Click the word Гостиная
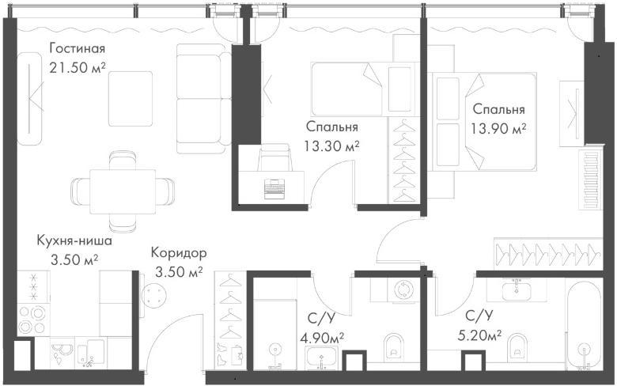(x=78, y=48)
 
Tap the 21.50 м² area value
(x=78, y=68)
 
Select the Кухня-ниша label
(x=74, y=240)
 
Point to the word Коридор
(x=179, y=252)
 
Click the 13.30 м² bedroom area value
(x=331, y=146)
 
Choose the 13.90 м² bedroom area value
(x=498, y=128)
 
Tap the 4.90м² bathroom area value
(x=322, y=338)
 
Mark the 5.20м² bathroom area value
(x=479, y=335)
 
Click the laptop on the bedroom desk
(x=275, y=188)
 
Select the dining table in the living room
(x=123, y=191)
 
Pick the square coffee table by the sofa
(x=131, y=98)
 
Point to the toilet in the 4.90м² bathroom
(x=393, y=346)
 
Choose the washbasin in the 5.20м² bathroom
(x=517, y=289)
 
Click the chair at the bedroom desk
(x=274, y=157)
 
